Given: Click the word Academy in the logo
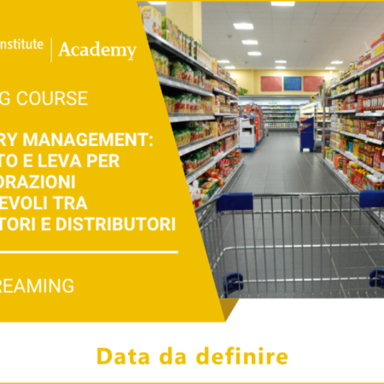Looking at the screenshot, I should tap(96, 50).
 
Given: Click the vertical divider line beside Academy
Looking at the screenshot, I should tap(51, 49).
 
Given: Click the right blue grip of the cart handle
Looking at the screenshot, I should tap(371, 199).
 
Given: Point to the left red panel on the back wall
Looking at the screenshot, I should tap(271, 84).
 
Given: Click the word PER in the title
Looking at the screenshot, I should tap(119, 161).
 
